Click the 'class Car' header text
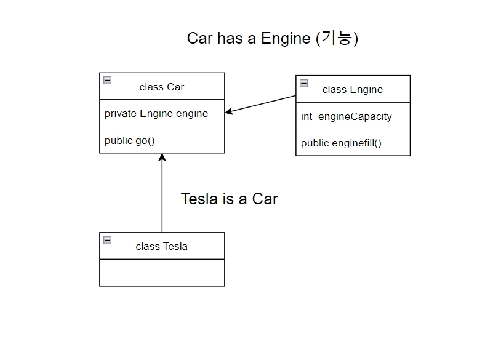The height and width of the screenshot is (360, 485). click(x=162, y=87)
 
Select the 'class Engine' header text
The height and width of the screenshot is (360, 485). click(x=353, y=89)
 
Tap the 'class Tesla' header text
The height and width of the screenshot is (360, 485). click(x=162, y=246)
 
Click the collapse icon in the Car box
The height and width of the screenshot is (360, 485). click(x=108, y=80)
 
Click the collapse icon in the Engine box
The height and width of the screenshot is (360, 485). click(x=304, y=83)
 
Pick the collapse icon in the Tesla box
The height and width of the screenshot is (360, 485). click(x=108, y=240)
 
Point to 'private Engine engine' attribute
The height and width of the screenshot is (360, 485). click(x=156, y=113)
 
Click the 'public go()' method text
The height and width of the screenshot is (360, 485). click(x=130, y=140)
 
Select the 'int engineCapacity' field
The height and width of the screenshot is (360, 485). click(x=347, y=116)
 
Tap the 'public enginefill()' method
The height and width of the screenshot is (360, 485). click(x=342, y=143)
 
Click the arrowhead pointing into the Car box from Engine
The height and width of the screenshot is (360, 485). click(x=229, y=111)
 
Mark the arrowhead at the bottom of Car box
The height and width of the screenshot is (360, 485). click(x=162, y=158)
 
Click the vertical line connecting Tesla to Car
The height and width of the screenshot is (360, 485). click(x=162, y=197)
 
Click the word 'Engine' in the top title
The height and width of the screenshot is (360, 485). click(x=286, y=38)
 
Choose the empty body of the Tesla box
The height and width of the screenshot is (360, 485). click(x=162, y=273)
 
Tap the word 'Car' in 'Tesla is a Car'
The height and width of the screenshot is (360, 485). click(x=265, y=199)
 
